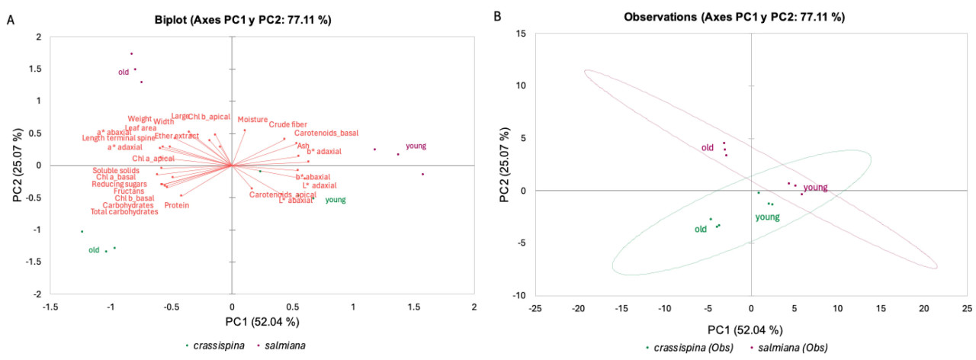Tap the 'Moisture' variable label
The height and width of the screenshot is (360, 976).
[252, 120]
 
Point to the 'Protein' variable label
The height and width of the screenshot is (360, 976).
[177, 205]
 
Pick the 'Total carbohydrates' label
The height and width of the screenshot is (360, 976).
[124, 212]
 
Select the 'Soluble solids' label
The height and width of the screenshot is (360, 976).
[116, 171]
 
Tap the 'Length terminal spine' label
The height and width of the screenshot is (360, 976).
[119, 138]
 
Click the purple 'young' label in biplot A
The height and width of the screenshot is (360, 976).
[416, 146]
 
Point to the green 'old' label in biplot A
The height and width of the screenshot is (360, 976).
[95, 249]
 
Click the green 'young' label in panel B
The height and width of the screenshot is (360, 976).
[767, 217]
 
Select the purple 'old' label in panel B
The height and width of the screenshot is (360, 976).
[708, 148]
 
